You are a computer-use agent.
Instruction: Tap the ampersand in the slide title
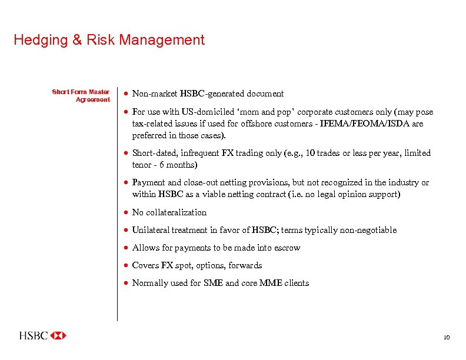coord(78,40)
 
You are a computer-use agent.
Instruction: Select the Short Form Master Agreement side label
coord(81,95)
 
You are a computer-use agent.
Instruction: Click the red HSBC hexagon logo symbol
coord(58,336)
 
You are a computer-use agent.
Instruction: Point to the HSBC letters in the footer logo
coord(34,336)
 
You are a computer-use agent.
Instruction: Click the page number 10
coord(447,338)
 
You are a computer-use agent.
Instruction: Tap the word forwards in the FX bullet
coord(247,265)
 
